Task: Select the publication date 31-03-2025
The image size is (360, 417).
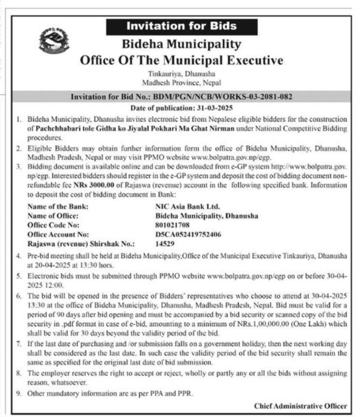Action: click(x=215, y=108)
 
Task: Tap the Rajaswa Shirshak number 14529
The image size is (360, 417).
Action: click(x=165, y=244)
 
